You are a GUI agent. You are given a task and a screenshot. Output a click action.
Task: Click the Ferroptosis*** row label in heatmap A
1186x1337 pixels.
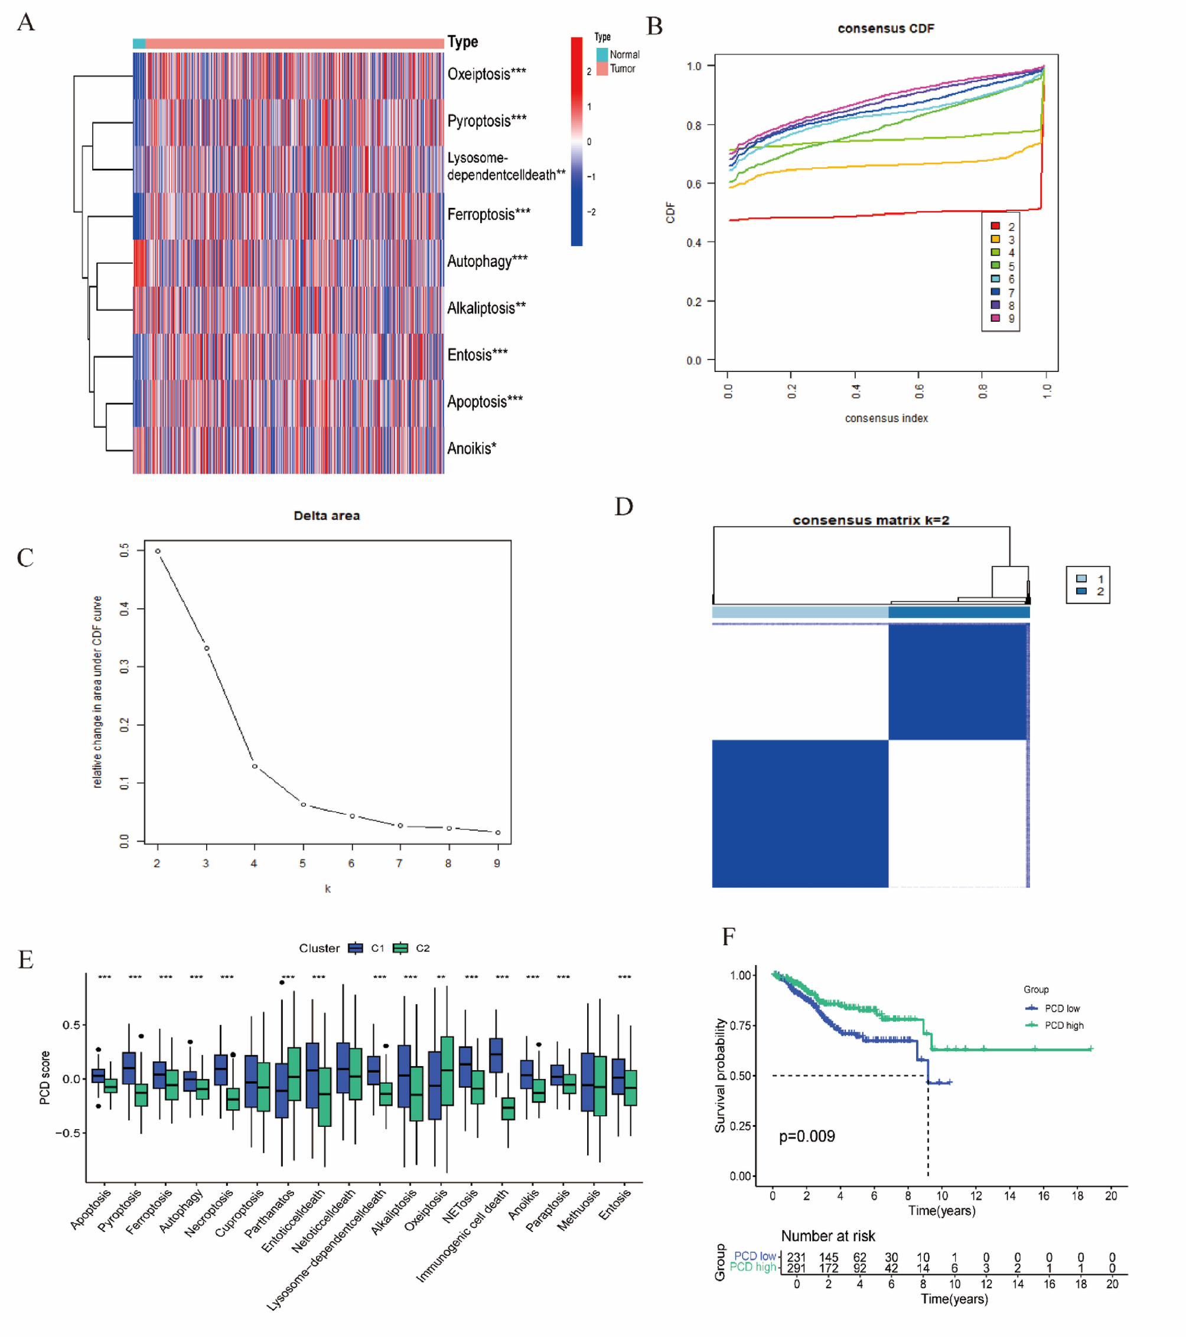pyautogui.click(x=488, y=214)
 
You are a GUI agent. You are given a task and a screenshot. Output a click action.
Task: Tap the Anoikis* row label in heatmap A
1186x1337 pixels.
pyautogui.click(x=471, y=449)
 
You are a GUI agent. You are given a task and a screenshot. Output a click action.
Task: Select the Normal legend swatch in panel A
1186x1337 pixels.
pyautogui.click(x=601, y=54)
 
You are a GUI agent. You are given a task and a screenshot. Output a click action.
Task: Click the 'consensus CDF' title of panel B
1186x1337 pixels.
pyautogui.click(x=885, y=29)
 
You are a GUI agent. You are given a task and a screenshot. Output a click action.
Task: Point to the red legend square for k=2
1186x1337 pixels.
pyautogui.click(x=995, y=226)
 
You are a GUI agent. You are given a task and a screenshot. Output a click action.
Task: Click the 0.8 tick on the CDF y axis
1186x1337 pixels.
pyautogui.click(x=694, y=126)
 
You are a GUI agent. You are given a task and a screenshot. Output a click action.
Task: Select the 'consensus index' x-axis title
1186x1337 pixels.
pyautogui.click(x=886, y=419)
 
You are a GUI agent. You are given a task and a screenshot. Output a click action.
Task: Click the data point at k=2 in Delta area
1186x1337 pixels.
pyautogui.click(x=158, y=551)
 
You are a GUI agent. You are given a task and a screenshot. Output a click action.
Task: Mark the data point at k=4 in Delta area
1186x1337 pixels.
pyautogui.click(x=255, y=767)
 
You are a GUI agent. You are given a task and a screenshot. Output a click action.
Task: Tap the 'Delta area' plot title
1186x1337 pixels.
pyautogui.click(x=327, y=516)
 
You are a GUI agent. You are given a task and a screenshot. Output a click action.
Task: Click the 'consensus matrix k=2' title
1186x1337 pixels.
pyautogui.click(x=871, y=521)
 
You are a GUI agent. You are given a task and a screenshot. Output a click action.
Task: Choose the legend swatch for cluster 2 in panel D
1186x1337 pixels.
pyautogui.click(x=1081, y=591)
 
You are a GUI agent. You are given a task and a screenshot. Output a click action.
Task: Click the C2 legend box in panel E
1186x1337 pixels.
pyautogui.click(x=400, y=949)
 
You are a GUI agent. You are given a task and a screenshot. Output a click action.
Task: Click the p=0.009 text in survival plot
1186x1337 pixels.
pyautogui.click(x=806, y=1136)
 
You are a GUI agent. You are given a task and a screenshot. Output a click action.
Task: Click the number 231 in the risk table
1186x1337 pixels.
pyautogui.click(x=796, y=1257)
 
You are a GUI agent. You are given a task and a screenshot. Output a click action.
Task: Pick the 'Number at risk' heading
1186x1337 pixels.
pyautogui.click(x=828, y=1236)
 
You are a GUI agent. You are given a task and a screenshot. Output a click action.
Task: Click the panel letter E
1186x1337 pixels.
pyautogui.click(x=25, y=960)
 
